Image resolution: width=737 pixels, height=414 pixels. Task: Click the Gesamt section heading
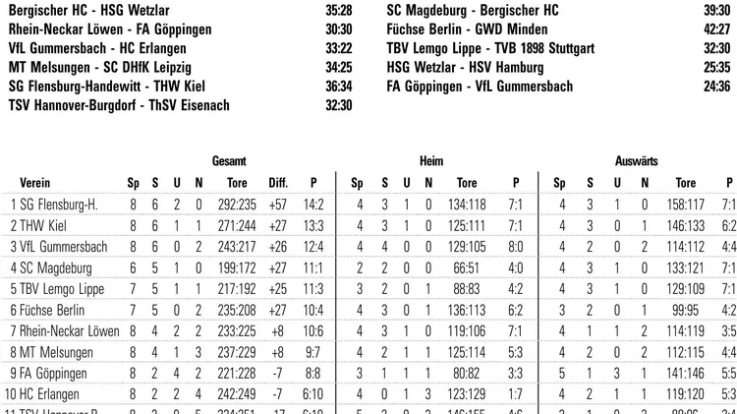tap(228, 160)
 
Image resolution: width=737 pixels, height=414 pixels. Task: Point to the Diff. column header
tap(278, 183)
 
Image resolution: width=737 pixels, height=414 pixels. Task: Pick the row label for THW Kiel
tap(38, 225)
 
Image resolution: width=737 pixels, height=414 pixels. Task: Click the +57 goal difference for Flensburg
tap(278, 205)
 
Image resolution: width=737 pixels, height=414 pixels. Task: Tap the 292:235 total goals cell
tap(237, 205)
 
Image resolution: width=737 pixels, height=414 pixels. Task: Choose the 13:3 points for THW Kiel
tap(313, 225)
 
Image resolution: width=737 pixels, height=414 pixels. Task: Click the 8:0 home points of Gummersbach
tap(515, 247)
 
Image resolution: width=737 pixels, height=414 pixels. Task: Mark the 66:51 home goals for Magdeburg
tap(467, 267)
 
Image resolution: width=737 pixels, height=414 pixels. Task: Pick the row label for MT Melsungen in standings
tap(46, 352)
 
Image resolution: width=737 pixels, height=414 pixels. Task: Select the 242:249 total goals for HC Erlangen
tap(237, 394)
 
